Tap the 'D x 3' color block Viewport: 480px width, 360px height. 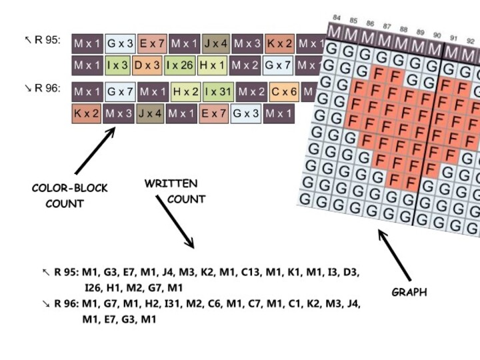pyautogui.click(x=147, y=65)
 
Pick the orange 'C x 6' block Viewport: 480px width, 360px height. pyautogui.click(x=285, y=91)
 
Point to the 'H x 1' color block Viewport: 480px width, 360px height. pyautogui.click(x=213, y=65)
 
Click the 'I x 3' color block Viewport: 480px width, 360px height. pyautogui.click(x=117, y=65)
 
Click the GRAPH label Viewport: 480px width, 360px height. pyautogui.click(x=409, y=291)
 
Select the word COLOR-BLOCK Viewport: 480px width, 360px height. pyautogui.click(x=69, y=189)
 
